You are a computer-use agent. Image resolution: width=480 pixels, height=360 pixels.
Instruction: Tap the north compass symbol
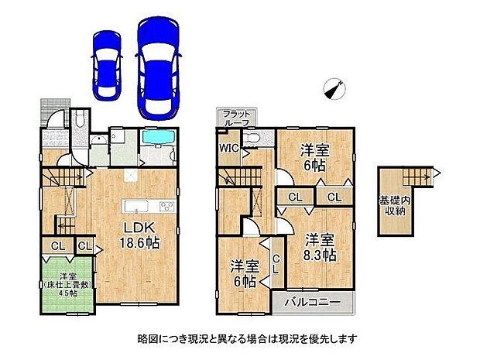pyautogui.click(x=334, y=90)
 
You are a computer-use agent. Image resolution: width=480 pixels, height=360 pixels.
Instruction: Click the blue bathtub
pyautogui.click(x=159, y=145)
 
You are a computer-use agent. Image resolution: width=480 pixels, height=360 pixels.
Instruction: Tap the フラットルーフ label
pyautogui.click(x=237, y=118)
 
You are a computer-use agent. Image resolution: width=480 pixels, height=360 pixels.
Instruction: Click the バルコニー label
pyautogui.click(x=305, y=300)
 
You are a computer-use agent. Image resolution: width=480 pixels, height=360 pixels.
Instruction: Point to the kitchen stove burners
pyautogui.click(x=168, y=205)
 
